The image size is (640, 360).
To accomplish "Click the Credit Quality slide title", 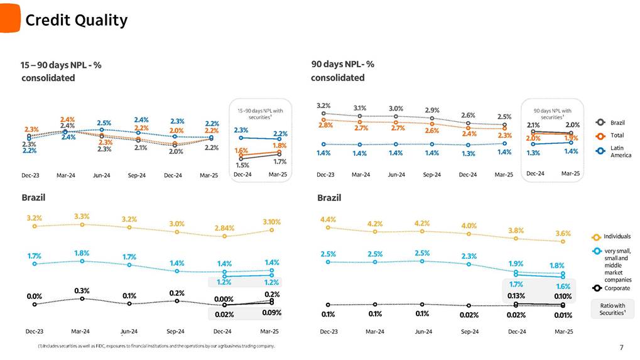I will pos(76,21).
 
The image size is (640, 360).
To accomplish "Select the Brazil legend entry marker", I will pos(600,122).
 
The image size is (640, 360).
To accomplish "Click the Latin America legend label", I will pos(621,151).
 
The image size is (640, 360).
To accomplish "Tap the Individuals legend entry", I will pos(616,236).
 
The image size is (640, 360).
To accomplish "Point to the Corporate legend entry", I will pos(616,288).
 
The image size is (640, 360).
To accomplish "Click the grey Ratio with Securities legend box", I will pos(612,308).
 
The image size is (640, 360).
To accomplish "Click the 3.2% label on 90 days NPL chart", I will pos(323,106).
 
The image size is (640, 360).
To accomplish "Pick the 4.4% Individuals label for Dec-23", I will pos(328,219).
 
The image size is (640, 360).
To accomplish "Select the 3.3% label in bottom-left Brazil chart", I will pos(82,215).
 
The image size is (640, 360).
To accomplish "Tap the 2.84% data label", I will pos(224,227).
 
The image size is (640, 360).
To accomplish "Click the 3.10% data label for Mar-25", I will pos(271,222).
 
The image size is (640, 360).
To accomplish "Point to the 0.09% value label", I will pos(272,312).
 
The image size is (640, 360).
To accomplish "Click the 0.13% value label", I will pos(516,296).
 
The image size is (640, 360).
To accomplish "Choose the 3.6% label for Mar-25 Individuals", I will pos(563,232).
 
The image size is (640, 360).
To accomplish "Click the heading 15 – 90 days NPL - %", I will pos(61,64).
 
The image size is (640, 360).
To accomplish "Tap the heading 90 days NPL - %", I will pos(342,64).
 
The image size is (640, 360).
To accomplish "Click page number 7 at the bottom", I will pos(621,347).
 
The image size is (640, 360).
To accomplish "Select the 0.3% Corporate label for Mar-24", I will pos(82,291).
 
